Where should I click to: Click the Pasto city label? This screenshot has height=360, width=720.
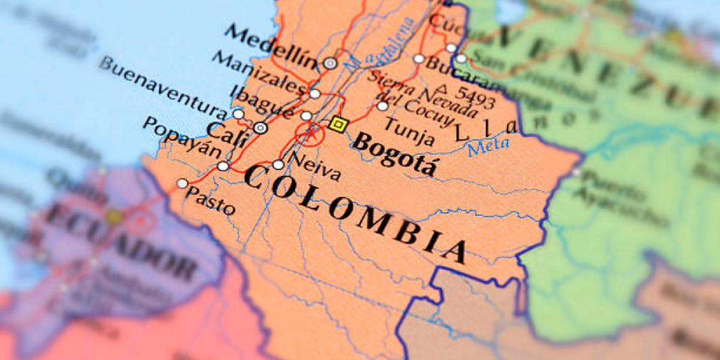coord(211,201)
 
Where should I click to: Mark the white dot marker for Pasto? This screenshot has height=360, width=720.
coord(182,184)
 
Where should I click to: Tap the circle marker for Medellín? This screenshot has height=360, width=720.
coord(329,62)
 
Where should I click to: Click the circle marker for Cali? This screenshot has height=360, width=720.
coord(260,127)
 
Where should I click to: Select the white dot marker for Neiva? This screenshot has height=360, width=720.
coord(278,164)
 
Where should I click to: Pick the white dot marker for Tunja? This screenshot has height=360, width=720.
coord(382,106)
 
